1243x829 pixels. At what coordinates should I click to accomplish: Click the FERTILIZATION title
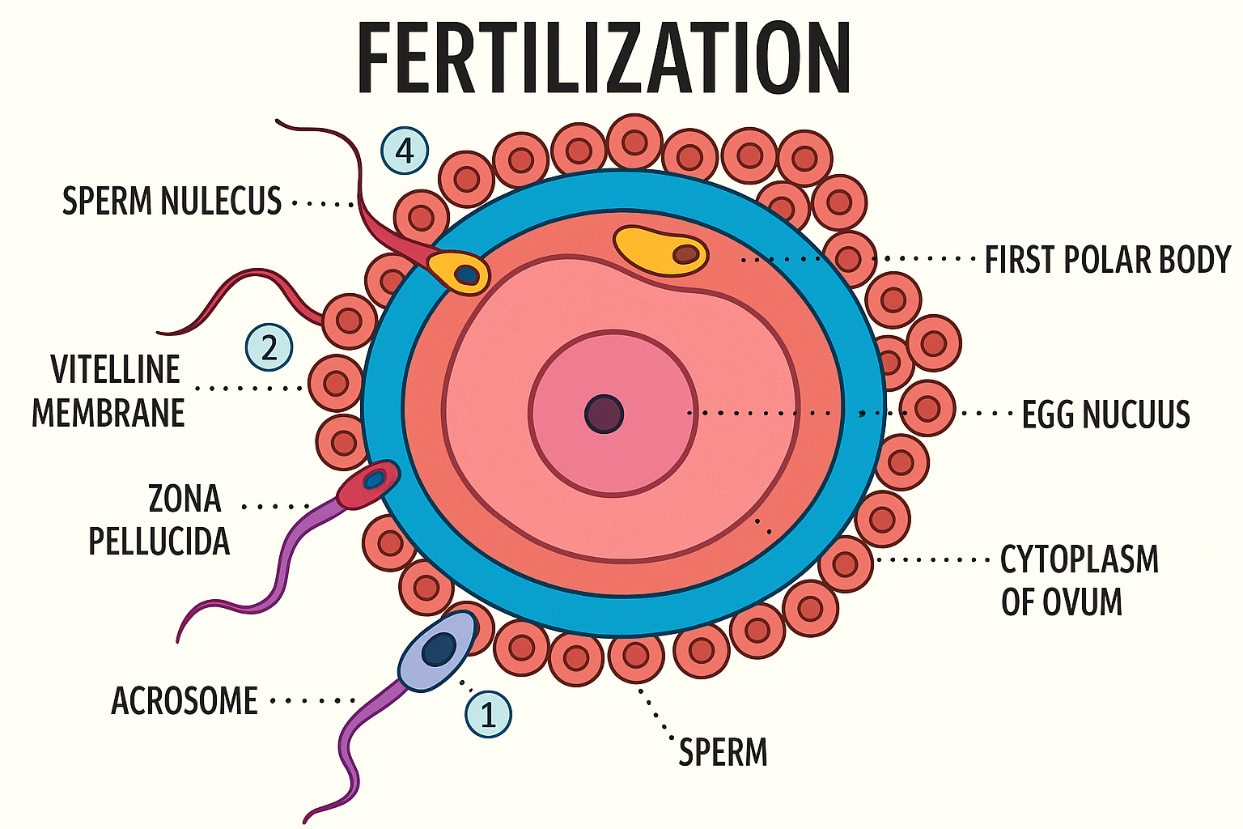click(x=604, y=57)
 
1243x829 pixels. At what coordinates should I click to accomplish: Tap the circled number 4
click(x=405, y=151)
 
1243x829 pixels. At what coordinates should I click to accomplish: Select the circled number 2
click(x=269, y=347)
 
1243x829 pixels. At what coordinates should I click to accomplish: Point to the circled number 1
click(x=488, y=714)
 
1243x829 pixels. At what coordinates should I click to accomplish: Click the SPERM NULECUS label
click(x=172, y=201)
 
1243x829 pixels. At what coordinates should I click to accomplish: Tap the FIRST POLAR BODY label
click(x=1108, y=259)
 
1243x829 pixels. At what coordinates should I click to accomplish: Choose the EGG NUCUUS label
click(x=1106, y=414)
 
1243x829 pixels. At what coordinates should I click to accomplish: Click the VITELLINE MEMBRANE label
click(x=108, y=392)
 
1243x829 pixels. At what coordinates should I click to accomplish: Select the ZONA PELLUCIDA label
click(x=159, y=520)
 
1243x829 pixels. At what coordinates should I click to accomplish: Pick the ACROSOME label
click(x=185, y=701)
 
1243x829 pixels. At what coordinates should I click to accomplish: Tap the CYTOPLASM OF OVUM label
click(x=1080, y=580)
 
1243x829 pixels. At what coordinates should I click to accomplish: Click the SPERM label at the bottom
click(x=723, y=752)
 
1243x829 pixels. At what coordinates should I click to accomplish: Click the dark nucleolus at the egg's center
click(x=605, y=414)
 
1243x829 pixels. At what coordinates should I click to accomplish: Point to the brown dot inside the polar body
click(x=687, y=254)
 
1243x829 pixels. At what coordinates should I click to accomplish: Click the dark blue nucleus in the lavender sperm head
click(x=439, y=648)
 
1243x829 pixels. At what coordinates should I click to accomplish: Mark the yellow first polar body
click(x=660, y=251)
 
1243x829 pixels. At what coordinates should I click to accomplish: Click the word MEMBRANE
click(x=108, y=414)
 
